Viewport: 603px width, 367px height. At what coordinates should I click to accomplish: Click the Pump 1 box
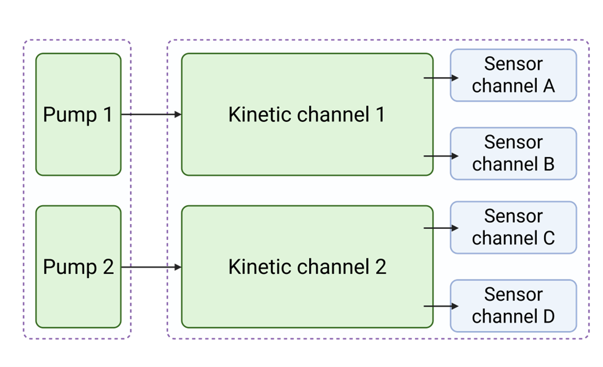pos(78,114)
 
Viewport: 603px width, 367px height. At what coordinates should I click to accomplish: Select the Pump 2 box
pos(78,267)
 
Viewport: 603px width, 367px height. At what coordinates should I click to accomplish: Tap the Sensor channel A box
pos(513,75)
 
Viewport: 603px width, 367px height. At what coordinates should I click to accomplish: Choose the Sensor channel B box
pos(513,153)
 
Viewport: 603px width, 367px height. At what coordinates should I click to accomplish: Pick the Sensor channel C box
pos(513,227)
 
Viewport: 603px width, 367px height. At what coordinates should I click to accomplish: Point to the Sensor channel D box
pos(513,306)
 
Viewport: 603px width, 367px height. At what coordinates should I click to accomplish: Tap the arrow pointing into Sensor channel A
pos(441,78)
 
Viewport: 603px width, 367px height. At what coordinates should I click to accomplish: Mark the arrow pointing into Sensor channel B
pos(441,156)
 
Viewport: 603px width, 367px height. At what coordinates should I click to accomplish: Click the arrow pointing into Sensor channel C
pos(441,228)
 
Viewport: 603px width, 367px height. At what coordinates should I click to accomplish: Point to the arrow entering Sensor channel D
pos(441,307)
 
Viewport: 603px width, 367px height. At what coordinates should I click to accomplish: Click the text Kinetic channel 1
pos(307,114)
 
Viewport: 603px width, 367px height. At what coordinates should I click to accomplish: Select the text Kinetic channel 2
pos(307,267)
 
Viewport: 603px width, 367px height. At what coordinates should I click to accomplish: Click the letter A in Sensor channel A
pos(548,86)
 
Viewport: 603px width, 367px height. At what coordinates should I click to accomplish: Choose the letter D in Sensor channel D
pos(548,316)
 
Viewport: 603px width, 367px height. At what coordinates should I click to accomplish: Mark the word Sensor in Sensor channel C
pos(513,216)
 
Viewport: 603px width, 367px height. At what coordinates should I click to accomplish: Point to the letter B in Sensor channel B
pos(548,165)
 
